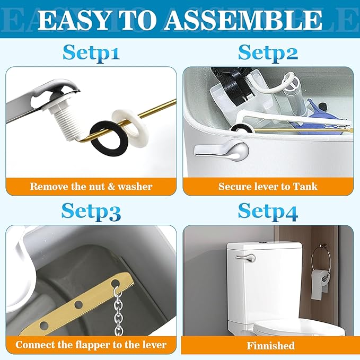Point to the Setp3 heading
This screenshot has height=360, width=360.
pyautogui.click(x=91, y=210)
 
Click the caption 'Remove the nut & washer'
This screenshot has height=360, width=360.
pyautogui.click(x=91, y=186)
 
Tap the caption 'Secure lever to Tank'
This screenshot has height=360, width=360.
pyautogui.click(x=268, y=186)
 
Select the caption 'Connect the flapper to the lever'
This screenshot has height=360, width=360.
pyautogui.click(x=91, y=345)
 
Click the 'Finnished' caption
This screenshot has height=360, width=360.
pyautogui.click(x=270, y=346)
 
